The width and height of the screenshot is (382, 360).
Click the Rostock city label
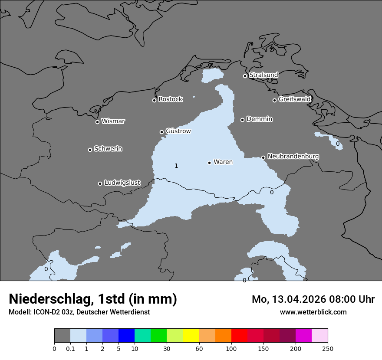(x=170, y=99)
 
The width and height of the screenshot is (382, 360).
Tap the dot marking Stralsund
(x=245, y=76)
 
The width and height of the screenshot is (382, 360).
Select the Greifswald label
(x=294, y=99)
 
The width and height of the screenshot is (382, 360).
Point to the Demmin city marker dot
(x=242, y=120)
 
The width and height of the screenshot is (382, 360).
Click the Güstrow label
(x=178, y=131)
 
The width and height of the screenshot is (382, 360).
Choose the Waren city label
(x=223, y=162)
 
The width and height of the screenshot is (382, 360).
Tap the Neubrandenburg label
(x=293, y=157)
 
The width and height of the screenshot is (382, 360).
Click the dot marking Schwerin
(x=90, y=150)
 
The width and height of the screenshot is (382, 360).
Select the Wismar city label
(x=113, y=121)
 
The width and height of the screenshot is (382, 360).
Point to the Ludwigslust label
(x=122, y=183)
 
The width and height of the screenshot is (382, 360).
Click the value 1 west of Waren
(x=176, y=166)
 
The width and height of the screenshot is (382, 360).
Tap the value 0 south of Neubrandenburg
(x=272, y=192)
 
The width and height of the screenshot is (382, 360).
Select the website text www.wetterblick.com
(x=313, y=312)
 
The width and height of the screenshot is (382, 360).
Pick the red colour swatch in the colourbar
(x=239, y=335)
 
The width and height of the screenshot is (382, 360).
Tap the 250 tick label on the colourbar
(x=328, y=349)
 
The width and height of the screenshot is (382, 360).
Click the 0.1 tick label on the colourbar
(x=70, y=349)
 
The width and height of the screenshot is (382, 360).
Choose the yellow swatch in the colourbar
(x=191, y=335)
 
